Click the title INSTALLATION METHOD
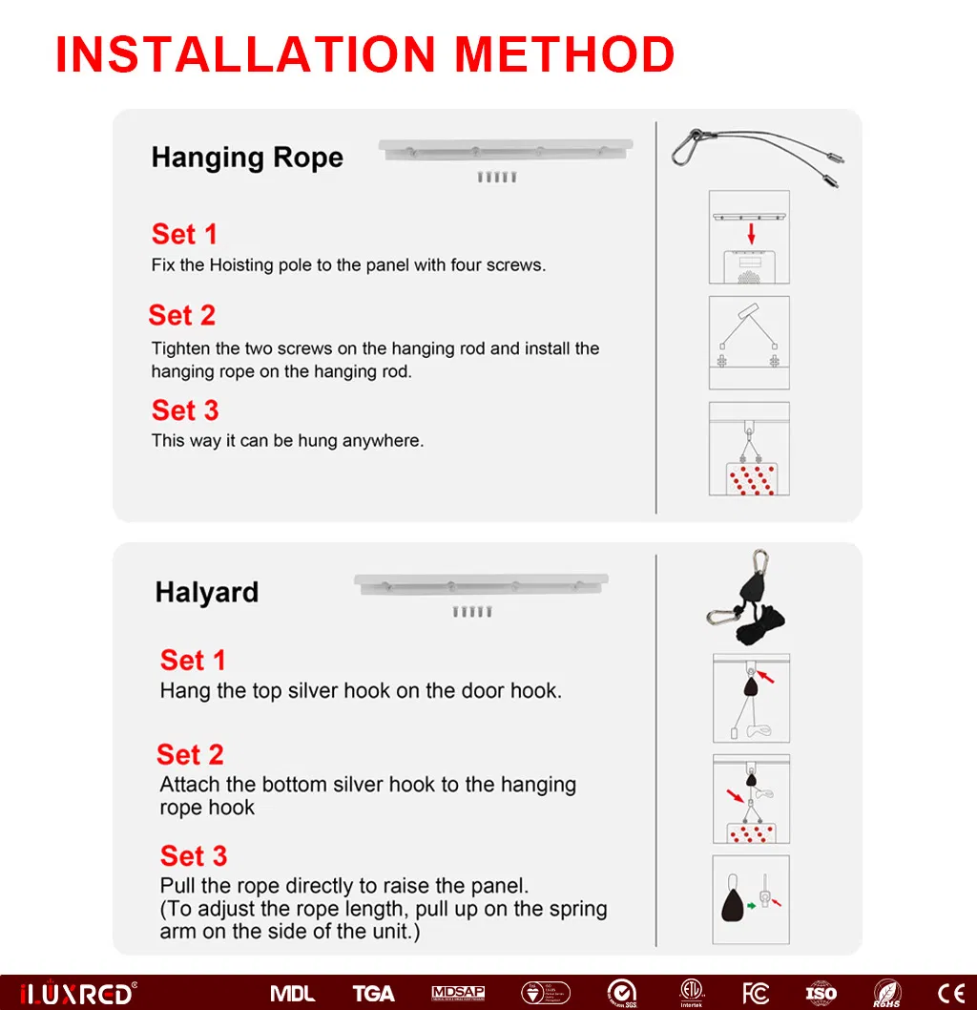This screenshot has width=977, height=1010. (x=364, y=54)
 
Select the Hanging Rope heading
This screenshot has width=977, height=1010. (x=247, y=158)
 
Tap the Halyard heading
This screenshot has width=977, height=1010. (x=207, y=593)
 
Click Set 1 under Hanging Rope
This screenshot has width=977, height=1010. (x=184, y=234)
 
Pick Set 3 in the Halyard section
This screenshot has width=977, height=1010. (x=194, y=855)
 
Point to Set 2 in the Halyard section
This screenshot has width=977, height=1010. (x=190, y=754)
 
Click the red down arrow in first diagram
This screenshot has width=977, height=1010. (x=751, y=233)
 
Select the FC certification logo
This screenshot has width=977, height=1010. (x=755, y=993)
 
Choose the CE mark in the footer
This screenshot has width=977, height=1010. (x=950, y=993)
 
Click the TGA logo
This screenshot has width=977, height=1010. (x=373, y=993)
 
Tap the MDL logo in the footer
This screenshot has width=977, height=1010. (x=293, y=993)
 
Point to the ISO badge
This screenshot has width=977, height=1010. (x=821, y=993)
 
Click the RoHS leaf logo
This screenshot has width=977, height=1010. (x=887, y=993)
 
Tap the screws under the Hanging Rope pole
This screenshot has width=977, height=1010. (x=497, y=178)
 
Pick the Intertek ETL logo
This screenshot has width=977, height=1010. (x=691, y=993)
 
